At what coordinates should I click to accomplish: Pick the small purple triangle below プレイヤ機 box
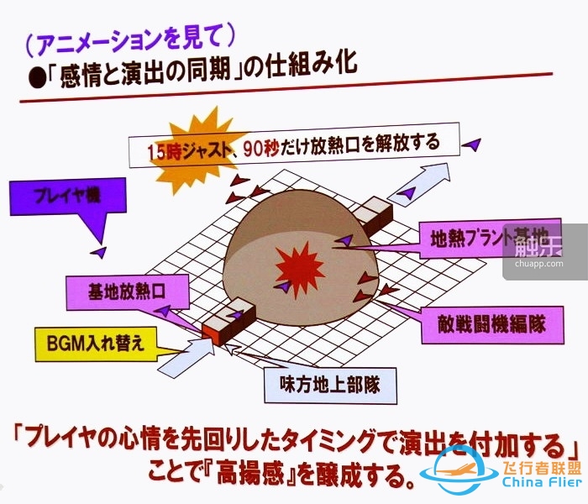[100, 251]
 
